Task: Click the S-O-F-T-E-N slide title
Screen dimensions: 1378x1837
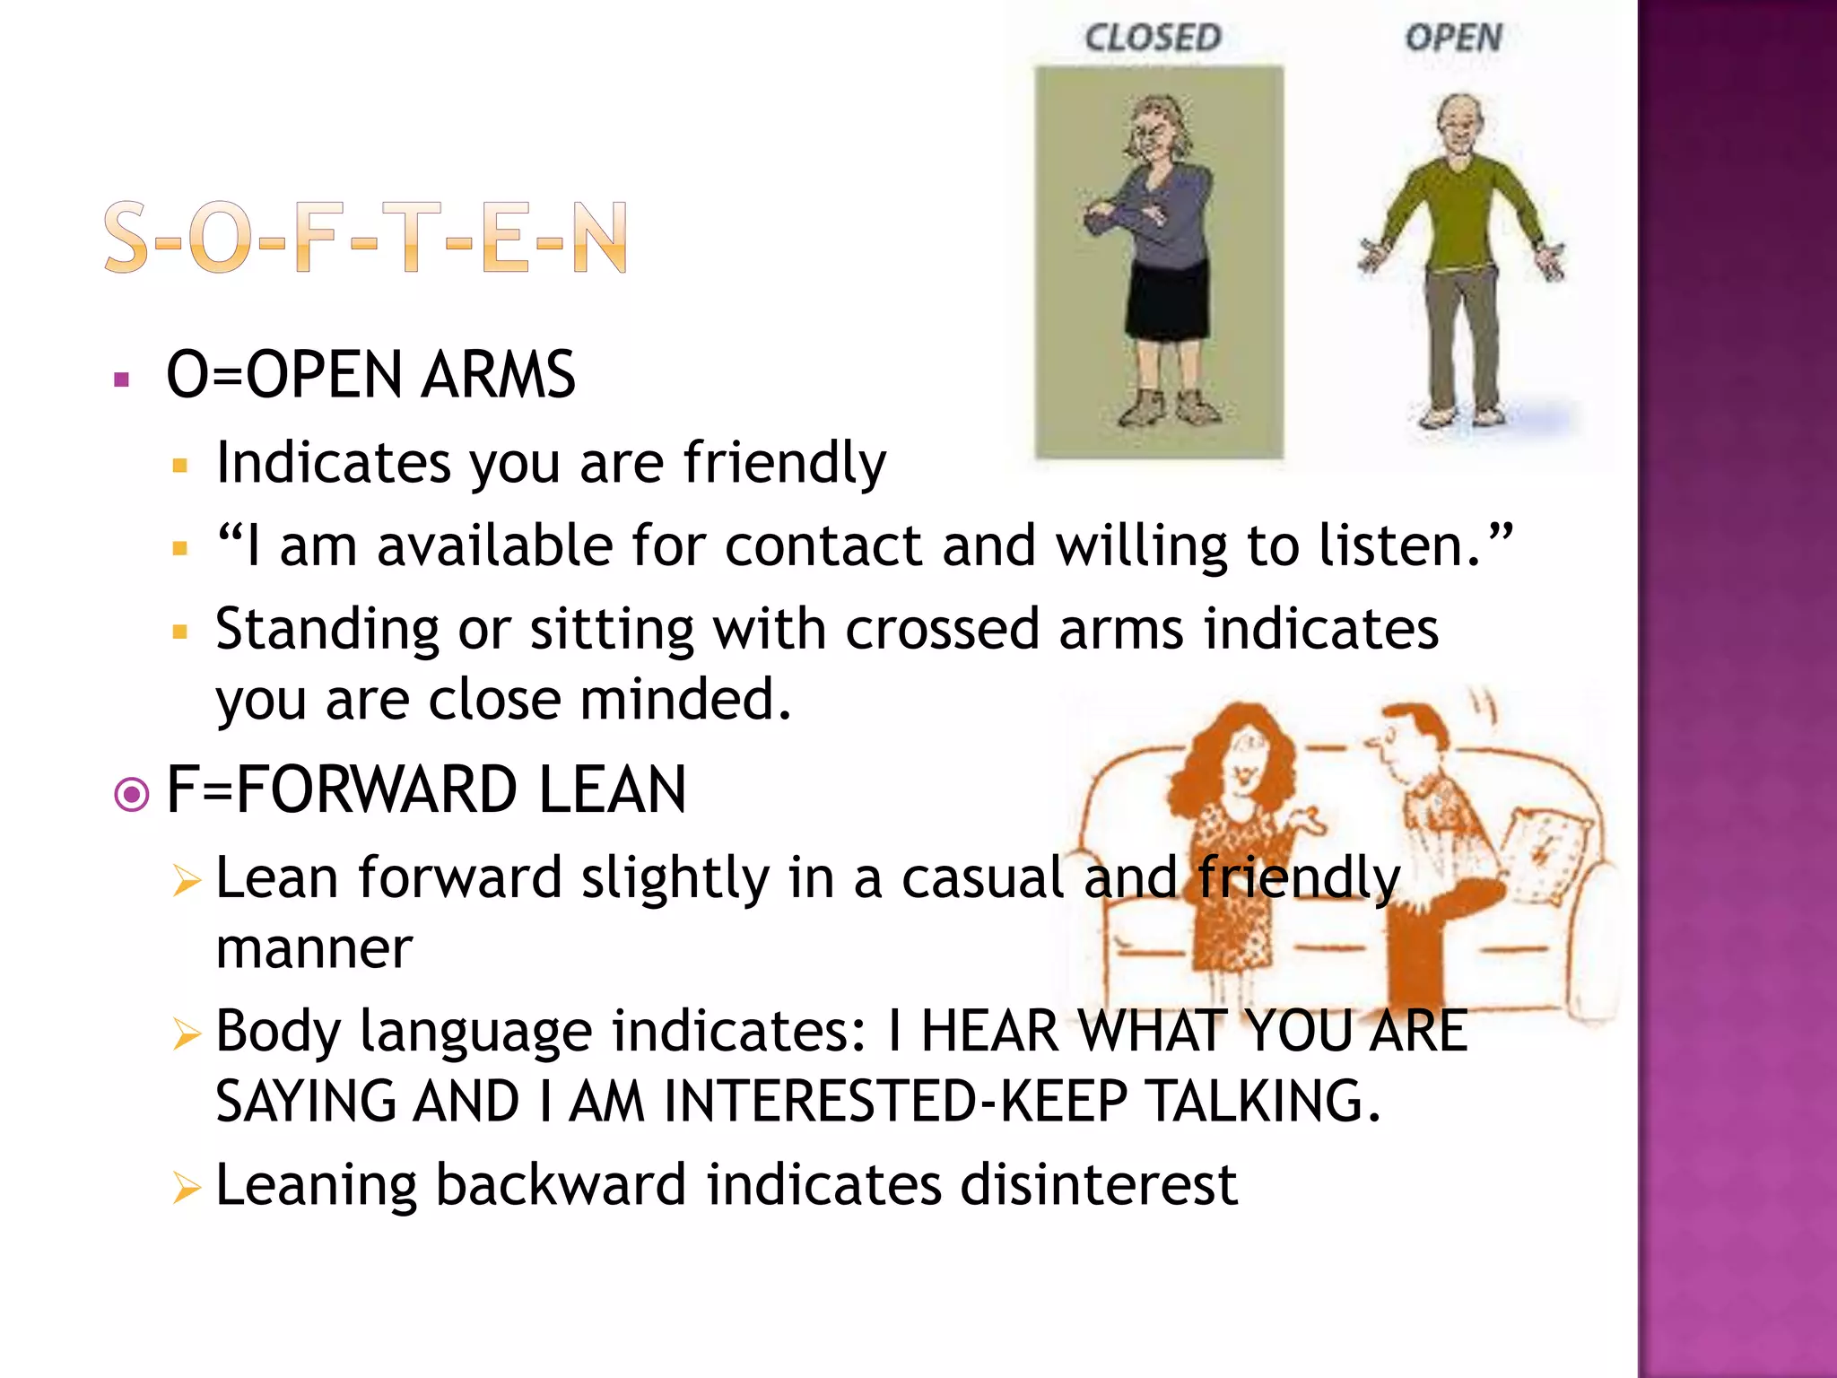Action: [x=365, y=237]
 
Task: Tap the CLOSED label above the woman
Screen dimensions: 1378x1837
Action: [x=1153, y=38]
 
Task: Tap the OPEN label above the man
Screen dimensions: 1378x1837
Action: [x=1453, y=38]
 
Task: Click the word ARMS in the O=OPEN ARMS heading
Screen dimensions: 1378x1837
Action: [x=499, y=375]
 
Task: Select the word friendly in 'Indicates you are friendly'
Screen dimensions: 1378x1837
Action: [x=785, y=464]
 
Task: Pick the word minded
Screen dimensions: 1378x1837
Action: [x=685, y=700]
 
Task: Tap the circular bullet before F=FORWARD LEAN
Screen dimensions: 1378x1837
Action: [x=132, y=794]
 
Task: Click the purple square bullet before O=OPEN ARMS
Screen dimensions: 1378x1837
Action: [x=123, y=379]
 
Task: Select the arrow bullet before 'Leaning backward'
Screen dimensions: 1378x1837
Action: [x=187, y=1188]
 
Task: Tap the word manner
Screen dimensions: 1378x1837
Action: [x=314, y=948]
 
